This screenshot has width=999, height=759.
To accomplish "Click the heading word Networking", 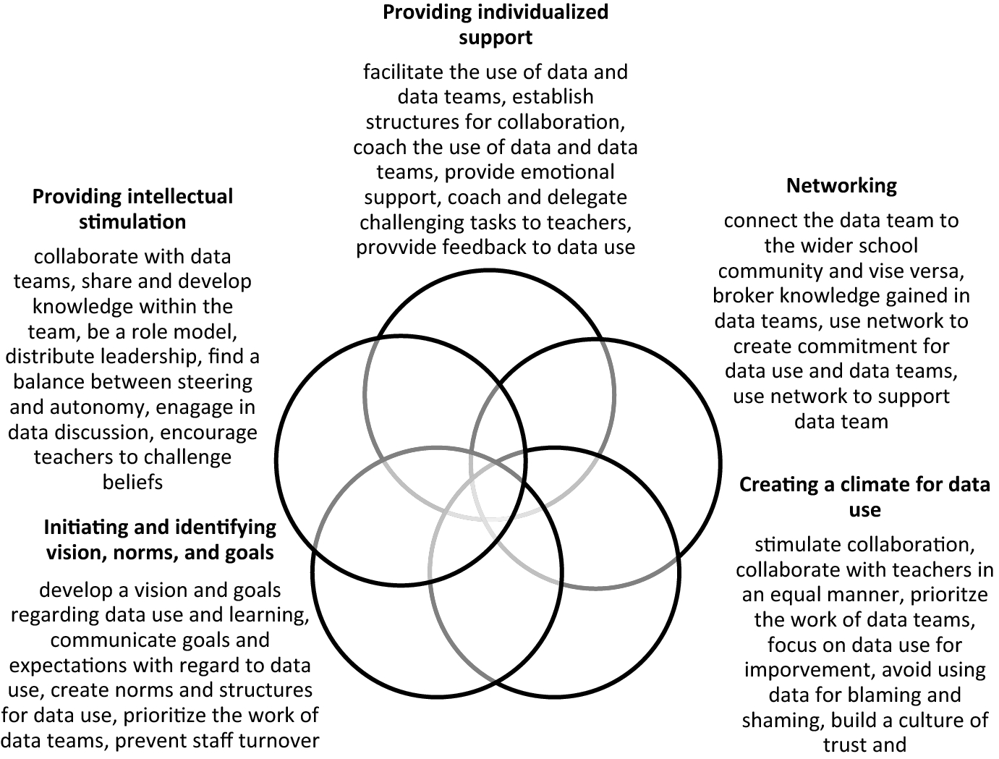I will click(x=841, y=186).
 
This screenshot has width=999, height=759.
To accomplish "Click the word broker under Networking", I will click(x=745, y=296).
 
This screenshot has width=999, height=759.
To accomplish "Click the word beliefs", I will click(x=132, y=482).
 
